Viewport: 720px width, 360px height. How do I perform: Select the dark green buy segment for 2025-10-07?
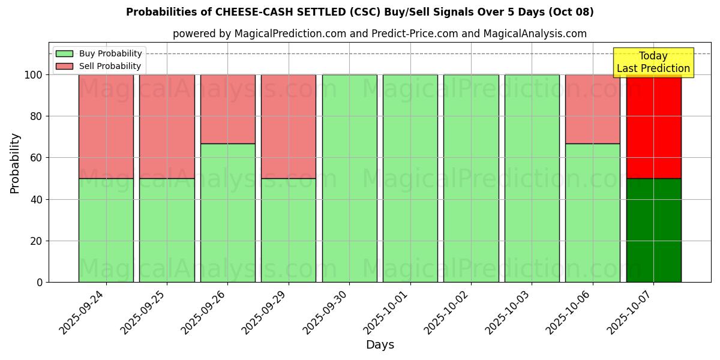[653, 230]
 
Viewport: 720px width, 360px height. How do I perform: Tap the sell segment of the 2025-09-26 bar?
[227, 109]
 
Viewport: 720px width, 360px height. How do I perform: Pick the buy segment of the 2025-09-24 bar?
[106, 230]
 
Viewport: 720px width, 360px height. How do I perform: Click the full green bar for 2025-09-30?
[349, 178]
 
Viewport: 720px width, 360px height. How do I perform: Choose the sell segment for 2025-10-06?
[592, 109]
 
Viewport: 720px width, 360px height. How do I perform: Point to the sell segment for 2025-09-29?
[288, 127]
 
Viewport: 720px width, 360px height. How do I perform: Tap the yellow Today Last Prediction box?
[653, 62]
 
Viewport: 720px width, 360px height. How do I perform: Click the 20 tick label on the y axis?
[37, 241]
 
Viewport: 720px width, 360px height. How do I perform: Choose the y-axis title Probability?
[15, 163]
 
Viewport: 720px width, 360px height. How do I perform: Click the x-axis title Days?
[380, 345]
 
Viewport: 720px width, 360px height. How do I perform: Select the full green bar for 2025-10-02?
[471, 178]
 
